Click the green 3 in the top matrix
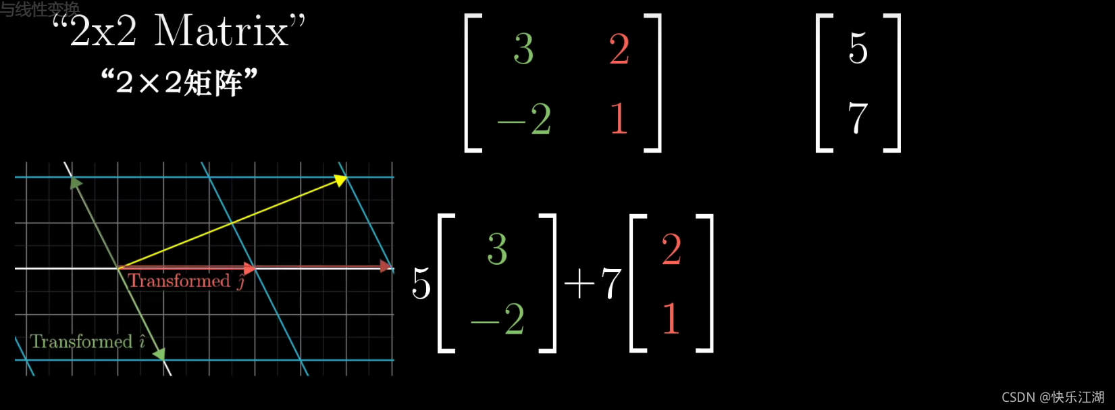pos(523,49)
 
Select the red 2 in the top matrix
pos(619,49)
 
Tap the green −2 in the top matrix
pos(525,120)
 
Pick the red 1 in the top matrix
pos(619,118)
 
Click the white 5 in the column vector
pos(858,49)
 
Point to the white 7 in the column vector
pos(858,118)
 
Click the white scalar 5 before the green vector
pos(421,283)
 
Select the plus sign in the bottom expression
pos(579,284)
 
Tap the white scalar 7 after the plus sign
pos(611,283)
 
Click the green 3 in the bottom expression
pos(497,249)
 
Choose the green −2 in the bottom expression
pos(498,318)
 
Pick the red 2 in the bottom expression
pos(671,249)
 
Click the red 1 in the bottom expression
pos(671,318)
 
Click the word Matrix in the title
pos(222,31)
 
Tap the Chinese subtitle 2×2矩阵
pos(180,82)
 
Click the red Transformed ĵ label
pos(186,281)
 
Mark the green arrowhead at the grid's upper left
pos(76,182)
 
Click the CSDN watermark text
pos(1052,397)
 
